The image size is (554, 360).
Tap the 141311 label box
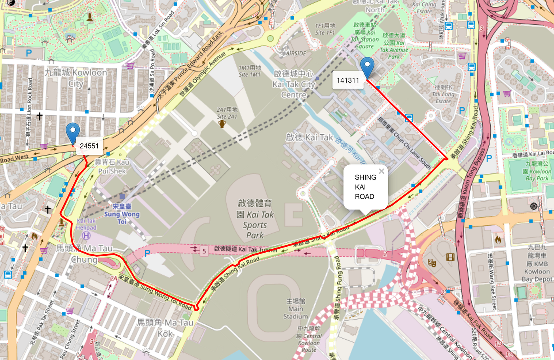point(348,80)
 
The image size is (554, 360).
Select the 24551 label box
point(89,146)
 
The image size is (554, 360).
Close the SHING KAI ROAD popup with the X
point(381,171)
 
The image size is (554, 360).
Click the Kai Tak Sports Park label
point(255,219)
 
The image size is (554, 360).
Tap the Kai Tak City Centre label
point(294,84)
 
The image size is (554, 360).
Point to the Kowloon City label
point(76,78)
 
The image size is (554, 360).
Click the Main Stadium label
point(296,309)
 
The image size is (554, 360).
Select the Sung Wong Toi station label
point(122,214)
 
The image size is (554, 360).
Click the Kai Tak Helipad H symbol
point(87,236)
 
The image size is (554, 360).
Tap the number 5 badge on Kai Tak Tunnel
point(204,251)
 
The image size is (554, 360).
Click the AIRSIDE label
point(296,53)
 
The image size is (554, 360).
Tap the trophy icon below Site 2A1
point(222,124)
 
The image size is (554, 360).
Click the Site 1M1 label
point(250,71)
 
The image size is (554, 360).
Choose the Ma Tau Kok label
point(165,328)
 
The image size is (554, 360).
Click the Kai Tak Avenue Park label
point(394,46)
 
